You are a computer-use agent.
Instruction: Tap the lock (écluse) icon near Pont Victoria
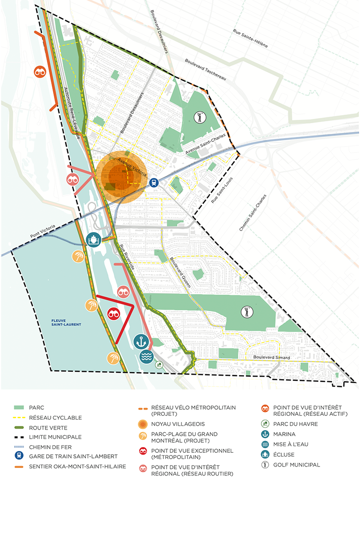coord(93,240)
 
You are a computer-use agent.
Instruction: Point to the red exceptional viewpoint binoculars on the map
coord(113,314)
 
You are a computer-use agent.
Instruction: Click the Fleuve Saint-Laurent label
coord(67,324)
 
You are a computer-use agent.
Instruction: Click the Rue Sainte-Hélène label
coord(250,39)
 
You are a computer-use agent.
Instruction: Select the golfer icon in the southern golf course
coord(246,312)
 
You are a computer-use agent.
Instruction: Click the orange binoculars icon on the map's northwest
coord(39,72)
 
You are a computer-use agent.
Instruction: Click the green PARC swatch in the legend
coord(19,407)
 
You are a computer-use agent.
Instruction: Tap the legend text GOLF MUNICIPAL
coord(297,465)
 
